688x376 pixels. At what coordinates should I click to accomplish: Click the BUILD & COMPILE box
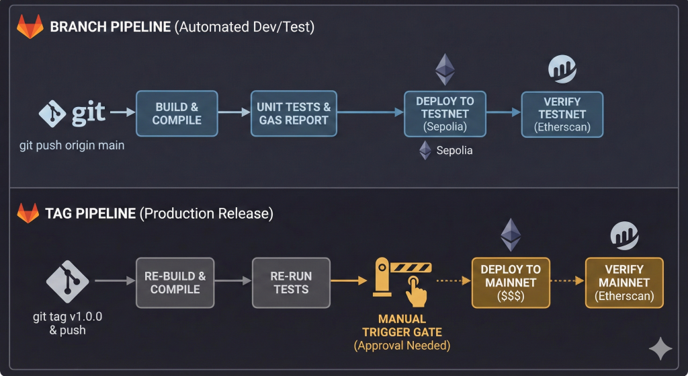pyautogui.click(x=177, y=114)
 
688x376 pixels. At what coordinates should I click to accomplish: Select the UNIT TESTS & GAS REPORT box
pyautogui.click(x=293, y=114)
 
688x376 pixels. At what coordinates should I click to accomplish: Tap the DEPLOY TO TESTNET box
pyautogui.click(x=445, y=114)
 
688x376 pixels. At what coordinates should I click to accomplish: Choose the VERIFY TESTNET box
pyautogui.click(x=562, y=114)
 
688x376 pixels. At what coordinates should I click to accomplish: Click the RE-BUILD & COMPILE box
pyautogui.click(x=175, y=283)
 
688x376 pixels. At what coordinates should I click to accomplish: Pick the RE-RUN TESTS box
pyautogui.click(x=291, y=283)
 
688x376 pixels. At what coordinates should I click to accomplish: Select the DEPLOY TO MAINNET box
pyautogui.click(x=511, y=283)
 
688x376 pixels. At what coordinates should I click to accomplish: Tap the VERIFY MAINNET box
pyautogui.click(x=624, y=283)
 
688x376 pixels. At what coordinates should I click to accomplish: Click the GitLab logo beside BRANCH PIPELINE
pyautogui.click(x=29, y=28)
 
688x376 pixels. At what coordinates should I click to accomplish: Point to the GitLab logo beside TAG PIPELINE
pyautogui.click(x=29, y=213)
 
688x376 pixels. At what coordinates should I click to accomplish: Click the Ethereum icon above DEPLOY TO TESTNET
pyautogui.click(x=445, y=69)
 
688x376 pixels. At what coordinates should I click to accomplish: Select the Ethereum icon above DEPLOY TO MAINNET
pyautogui.click(x=511, y=235)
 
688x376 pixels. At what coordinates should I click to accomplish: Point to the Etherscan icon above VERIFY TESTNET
pyautogui.click(x=562, y=69)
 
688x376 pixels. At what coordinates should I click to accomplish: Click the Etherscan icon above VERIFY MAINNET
pyautogui.click(x=624, y=235)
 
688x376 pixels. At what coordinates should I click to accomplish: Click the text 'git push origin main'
pyautogui.click(x=72, y=145)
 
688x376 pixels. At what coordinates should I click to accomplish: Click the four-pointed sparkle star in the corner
pyautogui.click(x=660, y=349)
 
